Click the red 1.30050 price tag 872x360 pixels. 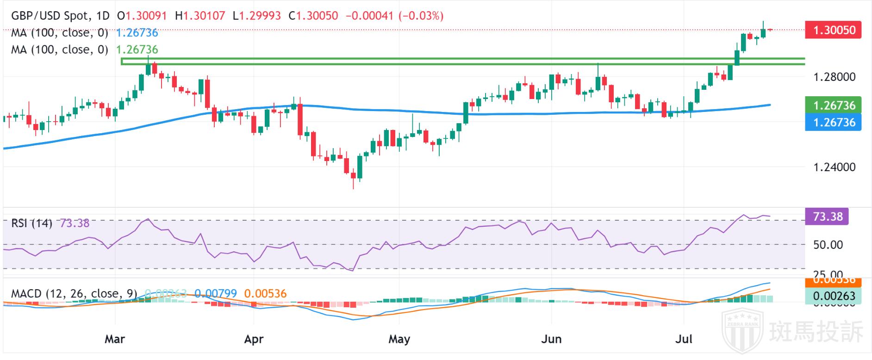point(833,30)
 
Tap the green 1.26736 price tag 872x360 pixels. point(833,106)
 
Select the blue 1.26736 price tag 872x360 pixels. point(833,123)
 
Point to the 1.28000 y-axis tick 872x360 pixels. point(835,77)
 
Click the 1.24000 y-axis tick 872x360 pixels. point(835,167)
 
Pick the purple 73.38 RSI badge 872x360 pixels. point(827,217)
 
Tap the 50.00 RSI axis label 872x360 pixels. point(828,245)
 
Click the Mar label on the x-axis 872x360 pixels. point(114,339)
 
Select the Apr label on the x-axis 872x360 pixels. point(254,339)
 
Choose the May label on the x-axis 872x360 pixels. point(399,339)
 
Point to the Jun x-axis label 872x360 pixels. point(551,339)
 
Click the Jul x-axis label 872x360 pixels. point(684,339)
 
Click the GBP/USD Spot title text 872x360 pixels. point(50,16)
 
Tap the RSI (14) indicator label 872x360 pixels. point(31,223)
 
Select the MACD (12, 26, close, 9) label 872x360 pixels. point(74,293)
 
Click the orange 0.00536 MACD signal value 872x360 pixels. point(265,293)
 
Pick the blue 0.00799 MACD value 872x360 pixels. point(215,293)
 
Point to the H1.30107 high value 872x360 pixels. point(200,16)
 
